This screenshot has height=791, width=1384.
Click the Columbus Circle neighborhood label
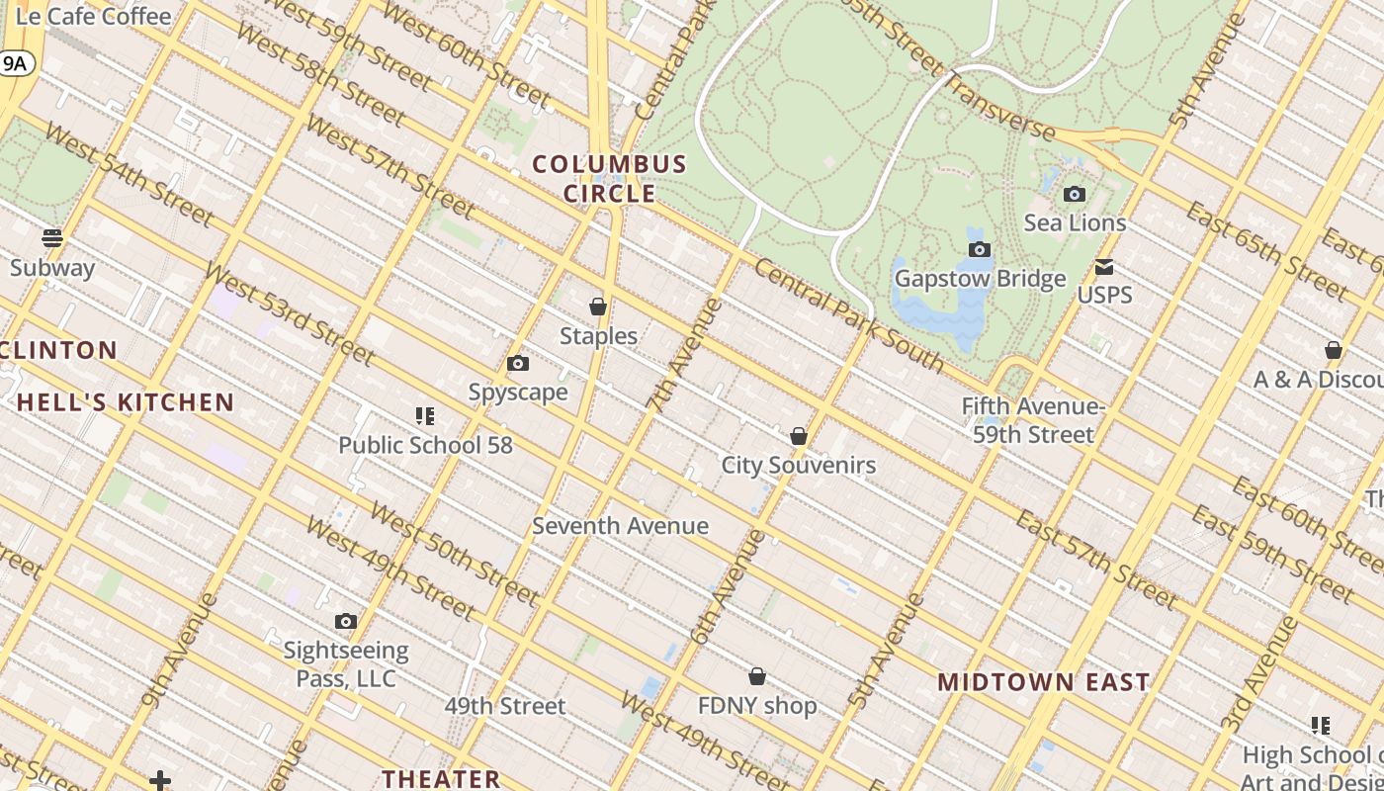(609, 178)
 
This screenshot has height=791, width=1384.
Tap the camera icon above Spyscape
(517, 364)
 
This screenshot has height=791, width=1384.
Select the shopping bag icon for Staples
(597, 307)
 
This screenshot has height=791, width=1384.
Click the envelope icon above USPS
(1103, 267)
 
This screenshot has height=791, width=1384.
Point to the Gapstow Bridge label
(980, 279)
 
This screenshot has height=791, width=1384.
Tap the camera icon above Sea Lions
(1074, 194)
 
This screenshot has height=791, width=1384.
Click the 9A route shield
(16, 64)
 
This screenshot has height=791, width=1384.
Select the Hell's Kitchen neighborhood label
(126, 402)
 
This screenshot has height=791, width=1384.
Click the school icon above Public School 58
(424, 416)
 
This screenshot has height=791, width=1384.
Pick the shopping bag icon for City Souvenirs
(799, 436)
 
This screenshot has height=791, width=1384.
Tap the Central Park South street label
(849, 315)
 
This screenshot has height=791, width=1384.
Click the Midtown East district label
(1043, 682)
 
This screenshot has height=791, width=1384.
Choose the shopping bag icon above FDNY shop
(756, 676)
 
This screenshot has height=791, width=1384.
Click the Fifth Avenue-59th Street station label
(1033, 420)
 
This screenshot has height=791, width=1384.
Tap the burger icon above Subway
(52, 238)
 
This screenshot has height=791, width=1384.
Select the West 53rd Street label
(289, 313)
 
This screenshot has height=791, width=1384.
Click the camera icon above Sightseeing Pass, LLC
(345, 622)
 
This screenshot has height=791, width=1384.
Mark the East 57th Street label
(1096, 559)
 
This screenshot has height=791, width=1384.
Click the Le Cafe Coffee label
(94, 16)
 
